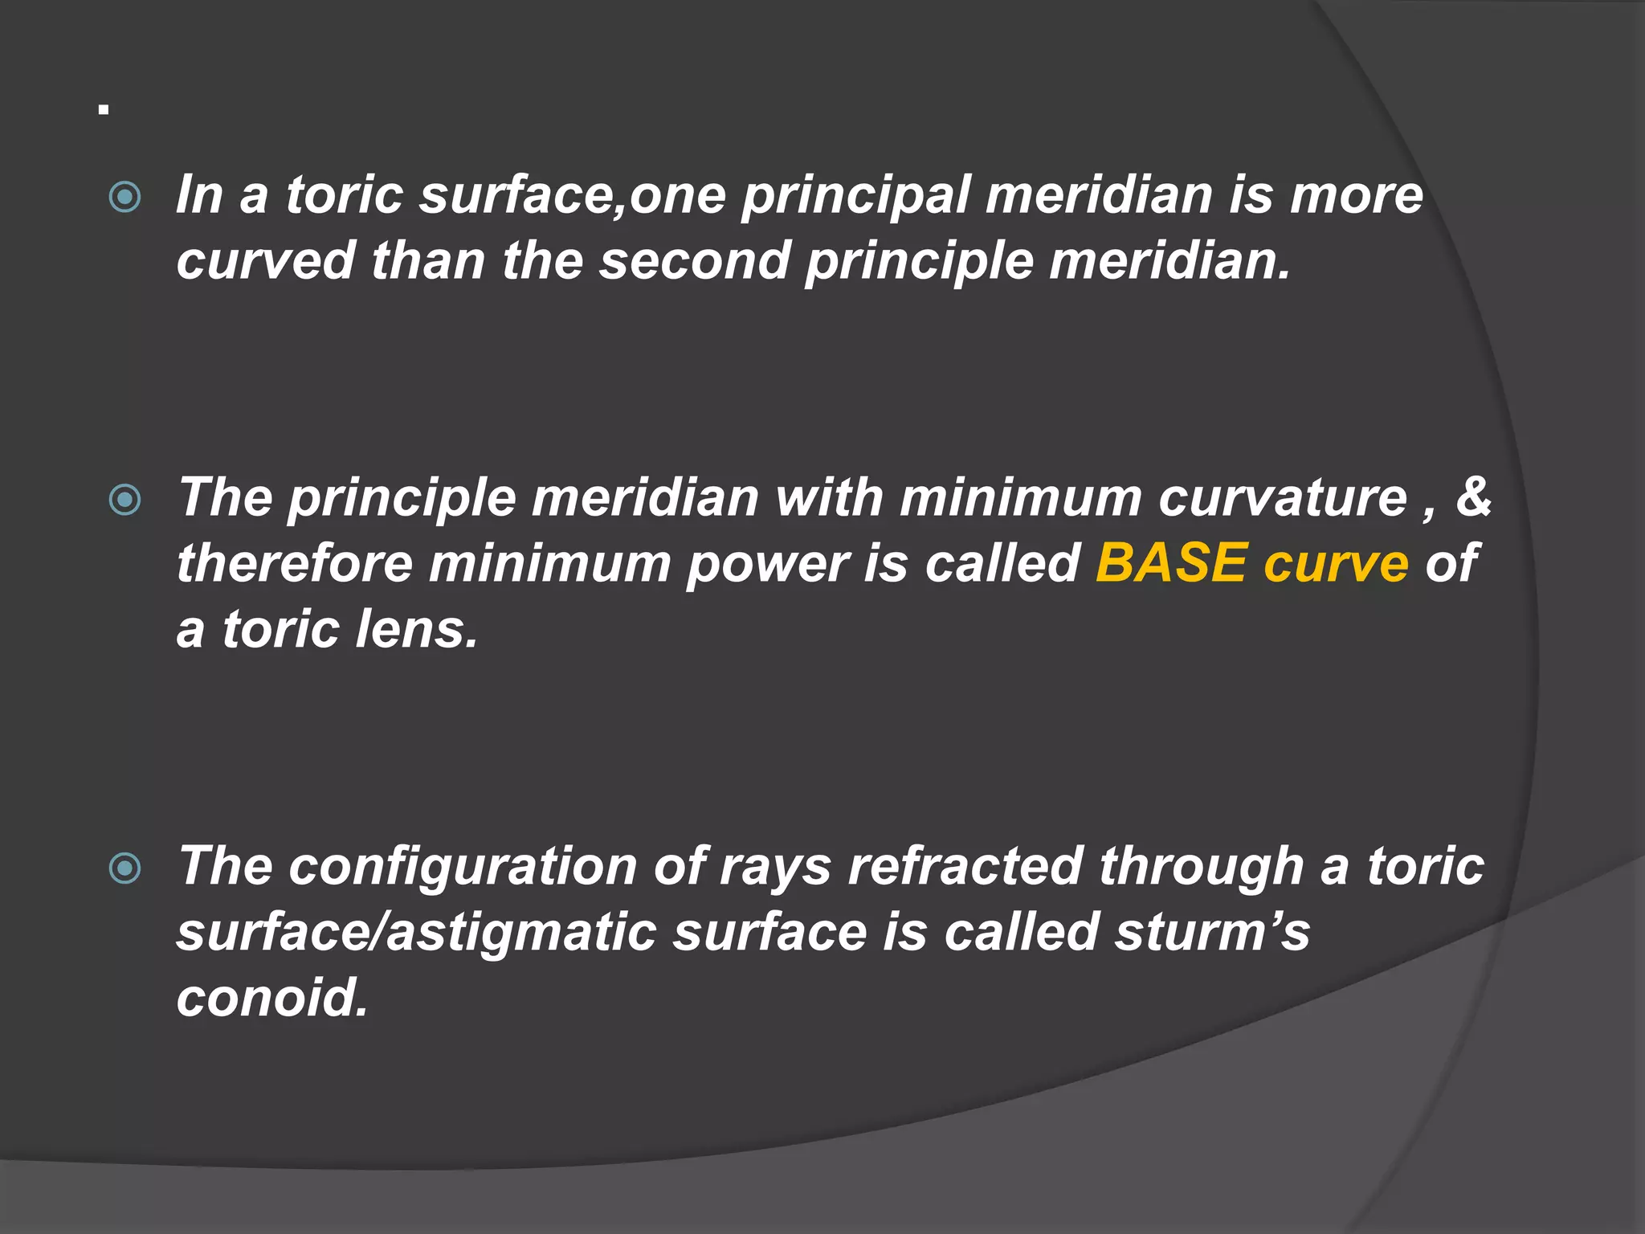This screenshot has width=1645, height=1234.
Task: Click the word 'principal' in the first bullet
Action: click(x=855, y=196)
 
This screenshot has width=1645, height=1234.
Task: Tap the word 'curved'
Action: click(x=265, y=261)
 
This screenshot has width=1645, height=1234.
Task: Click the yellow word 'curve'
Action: click(x=1336, y=565)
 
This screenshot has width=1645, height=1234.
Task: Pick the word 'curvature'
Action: click(x=1282, y=498)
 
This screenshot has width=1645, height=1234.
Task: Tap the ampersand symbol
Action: click(x=1473, y=497)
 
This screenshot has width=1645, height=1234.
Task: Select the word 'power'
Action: click(x=766, y=565)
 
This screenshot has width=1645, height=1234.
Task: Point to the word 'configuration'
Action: click(x=463, y=868)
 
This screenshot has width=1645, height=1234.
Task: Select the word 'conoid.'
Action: click(x=272, y=998)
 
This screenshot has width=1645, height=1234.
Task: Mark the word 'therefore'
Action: click(x=294, y=563)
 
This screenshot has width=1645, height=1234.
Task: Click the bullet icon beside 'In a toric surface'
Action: click(x=124, y=197)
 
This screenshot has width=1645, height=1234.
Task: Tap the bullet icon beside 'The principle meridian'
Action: click(x=124, y=501)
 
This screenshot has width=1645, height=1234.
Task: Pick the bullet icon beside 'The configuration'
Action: click(x=124, y=868)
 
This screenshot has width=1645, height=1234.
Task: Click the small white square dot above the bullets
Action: click(x=104, y=109)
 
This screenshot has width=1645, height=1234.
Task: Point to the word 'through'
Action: click(x=1201, y=868)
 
